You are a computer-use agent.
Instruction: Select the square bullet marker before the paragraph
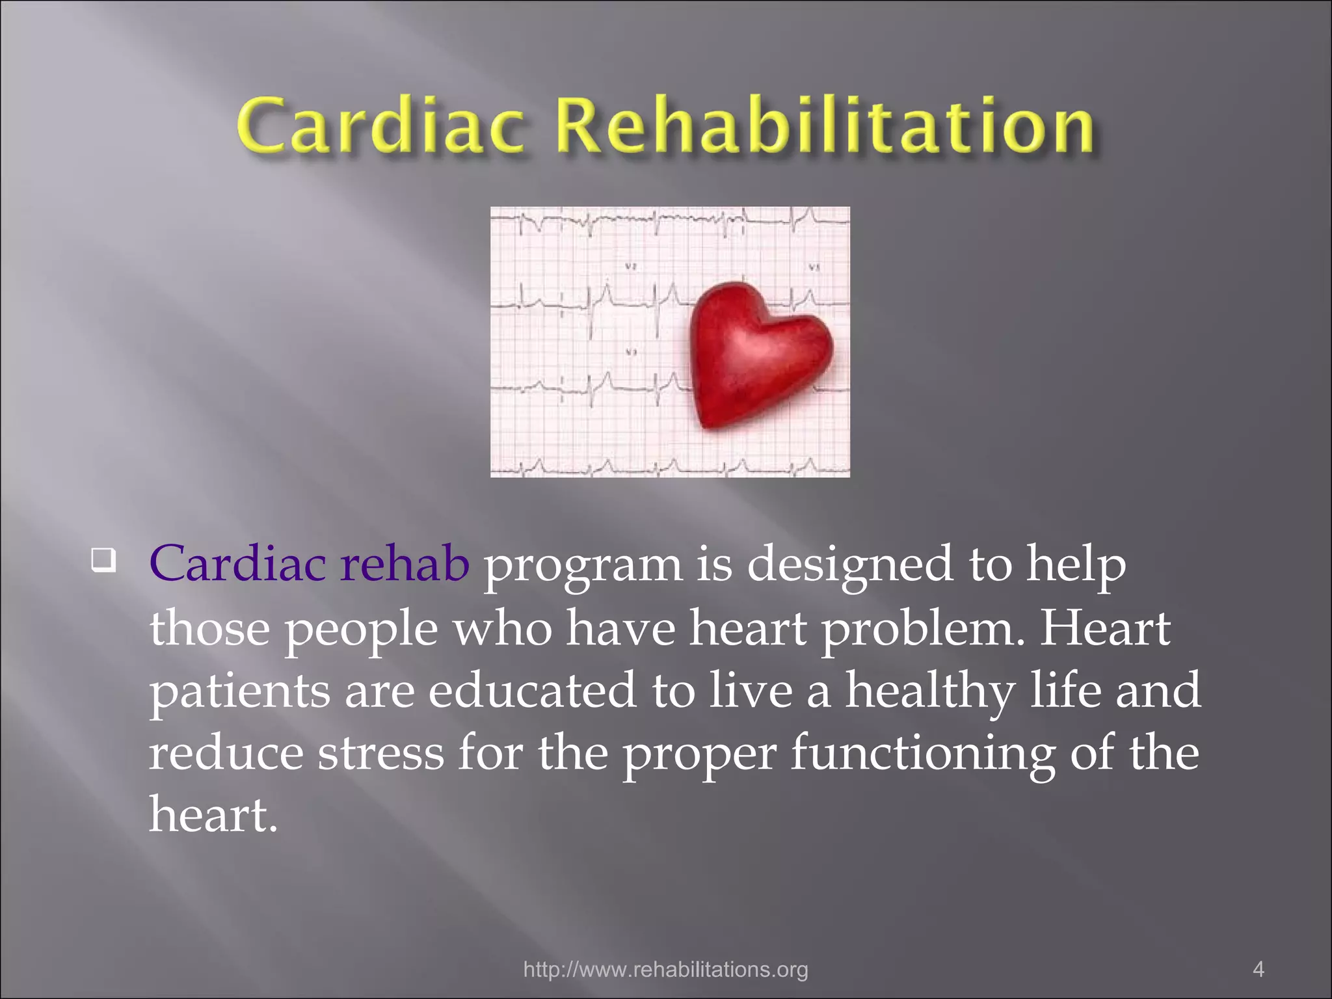pyautogui.click(x=103, y=559)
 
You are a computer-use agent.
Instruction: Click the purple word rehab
pyautogui.click(x=404, y=564)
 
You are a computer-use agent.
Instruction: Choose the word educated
pyautogui.click(x=532, y=691)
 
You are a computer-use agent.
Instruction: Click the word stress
pyautogui.click(x=380, y=755)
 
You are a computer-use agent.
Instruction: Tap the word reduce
pyautogui.click(x=226, y=754)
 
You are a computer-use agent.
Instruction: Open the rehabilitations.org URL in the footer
pyautogui.click(x=665, y=970)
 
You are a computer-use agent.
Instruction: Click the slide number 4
pyautogui.click(x=1258, y=970)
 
